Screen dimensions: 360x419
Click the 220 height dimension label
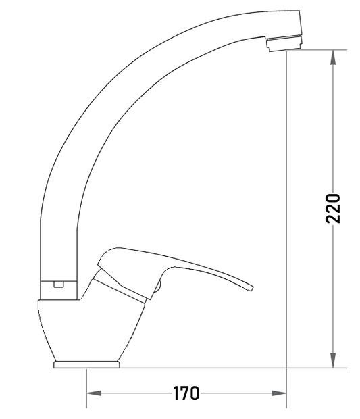(x=333, y=209)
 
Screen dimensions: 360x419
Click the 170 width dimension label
(x=186, y=393)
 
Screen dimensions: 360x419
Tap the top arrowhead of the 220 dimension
(x=333, y=57)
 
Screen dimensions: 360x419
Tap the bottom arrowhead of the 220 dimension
(x=333, y=360)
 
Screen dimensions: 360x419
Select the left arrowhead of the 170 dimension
(x=95, y=393)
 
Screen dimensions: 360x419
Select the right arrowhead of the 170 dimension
(x=279, y=393)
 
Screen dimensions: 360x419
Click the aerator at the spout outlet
(x=284, y=44)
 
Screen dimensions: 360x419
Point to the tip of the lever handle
(x=252, y=289)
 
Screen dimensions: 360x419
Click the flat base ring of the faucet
(x=86, y=364)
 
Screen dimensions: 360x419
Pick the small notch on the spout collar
(x=59, y=284)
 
